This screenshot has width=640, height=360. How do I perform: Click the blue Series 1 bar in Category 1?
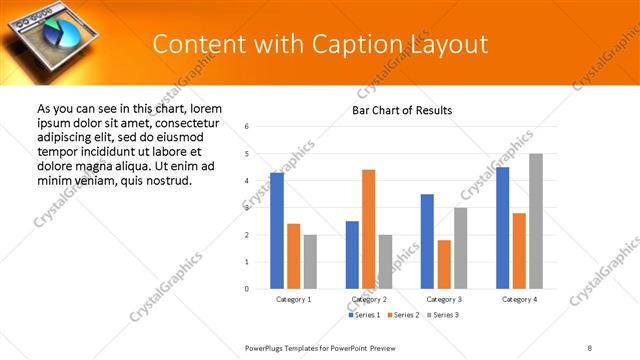click(277, 231)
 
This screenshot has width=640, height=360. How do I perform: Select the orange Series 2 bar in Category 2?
click(369, 229)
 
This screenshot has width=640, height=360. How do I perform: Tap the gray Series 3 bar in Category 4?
click(536, 221)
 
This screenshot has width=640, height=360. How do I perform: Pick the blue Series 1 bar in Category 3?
click(427, 241)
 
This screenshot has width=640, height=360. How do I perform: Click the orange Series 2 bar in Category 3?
click(444, 264)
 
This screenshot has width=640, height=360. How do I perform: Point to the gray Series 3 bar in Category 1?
click(310, 262)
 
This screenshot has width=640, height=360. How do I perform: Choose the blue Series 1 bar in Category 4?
click(503, 228)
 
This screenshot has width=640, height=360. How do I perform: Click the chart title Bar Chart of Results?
click(402, 111)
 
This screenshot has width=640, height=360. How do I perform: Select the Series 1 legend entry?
click(363, 315)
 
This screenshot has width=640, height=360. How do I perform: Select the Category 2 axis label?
click(369, 299)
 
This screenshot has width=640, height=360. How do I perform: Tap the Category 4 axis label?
click(519, 299)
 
